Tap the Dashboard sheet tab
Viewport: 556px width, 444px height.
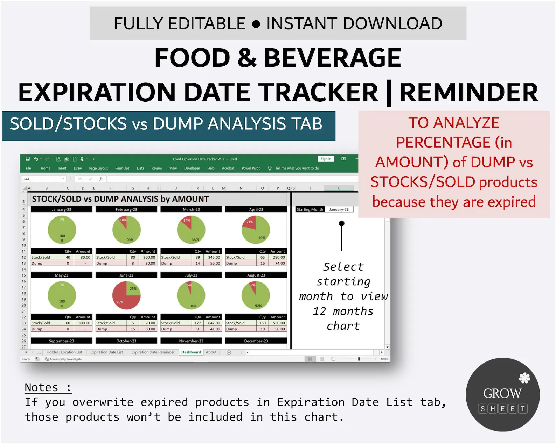(191, 352)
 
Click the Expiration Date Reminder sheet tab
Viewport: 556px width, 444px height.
(153, 352)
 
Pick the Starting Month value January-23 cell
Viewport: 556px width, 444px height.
(339, 209)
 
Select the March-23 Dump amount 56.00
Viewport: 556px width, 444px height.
(215, 263)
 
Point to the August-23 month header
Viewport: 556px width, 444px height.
(256, 275)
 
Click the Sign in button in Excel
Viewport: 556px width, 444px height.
(326, 159)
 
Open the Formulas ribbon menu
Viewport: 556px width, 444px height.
(122, 168)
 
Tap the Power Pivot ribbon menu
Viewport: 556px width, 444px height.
(251, 168)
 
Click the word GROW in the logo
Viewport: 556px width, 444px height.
(502, 393)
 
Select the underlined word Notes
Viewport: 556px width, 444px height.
(41, 387)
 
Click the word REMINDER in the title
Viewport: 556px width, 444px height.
(468, 92)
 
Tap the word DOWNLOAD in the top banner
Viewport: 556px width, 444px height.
(392, 24)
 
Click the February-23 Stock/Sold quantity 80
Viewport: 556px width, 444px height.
(133, 257)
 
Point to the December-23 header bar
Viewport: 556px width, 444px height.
(256, 341)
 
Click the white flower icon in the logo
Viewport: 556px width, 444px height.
(524, 378)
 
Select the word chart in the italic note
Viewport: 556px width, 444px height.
(343, 326)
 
